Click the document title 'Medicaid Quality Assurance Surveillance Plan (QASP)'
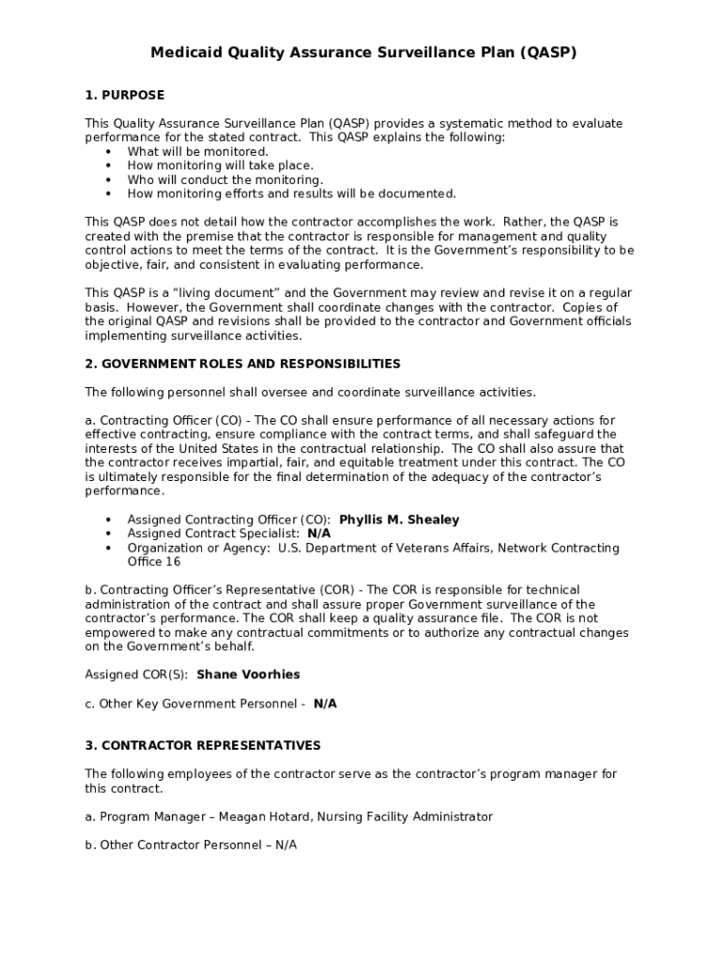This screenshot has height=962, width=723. pyautogui.click(x=363, y=54)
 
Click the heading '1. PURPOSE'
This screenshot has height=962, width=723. pyautogui.click(x=125, y=95)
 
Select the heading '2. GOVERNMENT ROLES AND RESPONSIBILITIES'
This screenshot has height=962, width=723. pyautogui.click(x=242, y=364)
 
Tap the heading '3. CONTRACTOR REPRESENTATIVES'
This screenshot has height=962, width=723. pyautogui.click(x=203, y=745)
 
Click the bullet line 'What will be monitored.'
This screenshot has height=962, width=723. pyautogui.click(x=197, y=151)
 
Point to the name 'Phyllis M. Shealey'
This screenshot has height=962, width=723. pyautogui.click(x=399, y=520)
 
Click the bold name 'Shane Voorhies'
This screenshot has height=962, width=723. pyautogui.click(x=248, y=675)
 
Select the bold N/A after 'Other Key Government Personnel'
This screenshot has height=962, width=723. pyautogui.click(x=325, y=703)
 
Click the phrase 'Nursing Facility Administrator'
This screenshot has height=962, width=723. pyautogui.click(x=405, y=816)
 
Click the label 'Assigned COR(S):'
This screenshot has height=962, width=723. pyautogui.click(x=136, y=675)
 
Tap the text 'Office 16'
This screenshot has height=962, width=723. pyautogui.click(x=154, y=562)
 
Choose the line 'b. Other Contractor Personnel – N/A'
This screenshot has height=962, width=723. pyautogui.click(x=191, y=845)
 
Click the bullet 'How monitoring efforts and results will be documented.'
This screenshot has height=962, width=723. pyautogui.click(x=291, y=194)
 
